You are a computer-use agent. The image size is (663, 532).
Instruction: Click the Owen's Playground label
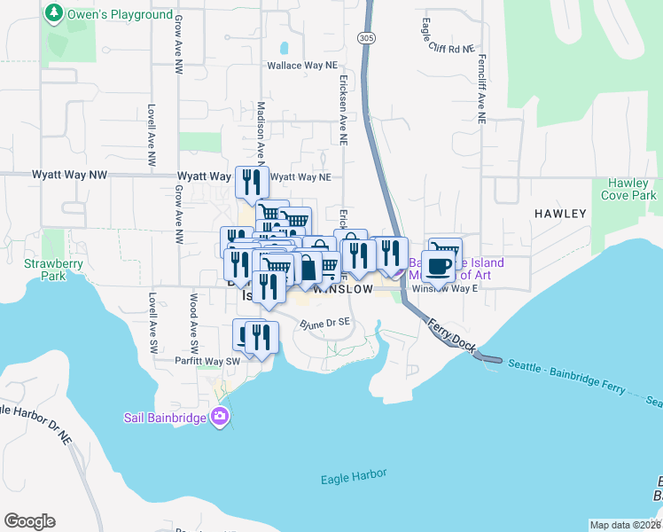pos(121,15)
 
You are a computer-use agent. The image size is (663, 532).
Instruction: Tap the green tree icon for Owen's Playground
pos(55,14)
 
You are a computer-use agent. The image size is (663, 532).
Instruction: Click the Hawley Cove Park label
pos(628,189)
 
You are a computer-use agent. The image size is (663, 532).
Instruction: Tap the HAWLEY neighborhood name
pos(559,214)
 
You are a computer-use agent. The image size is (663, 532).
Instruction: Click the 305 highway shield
pos(366,37)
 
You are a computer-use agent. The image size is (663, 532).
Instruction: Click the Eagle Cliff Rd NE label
pos(448,48)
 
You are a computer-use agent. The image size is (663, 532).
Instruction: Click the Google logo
pos(29,521)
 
